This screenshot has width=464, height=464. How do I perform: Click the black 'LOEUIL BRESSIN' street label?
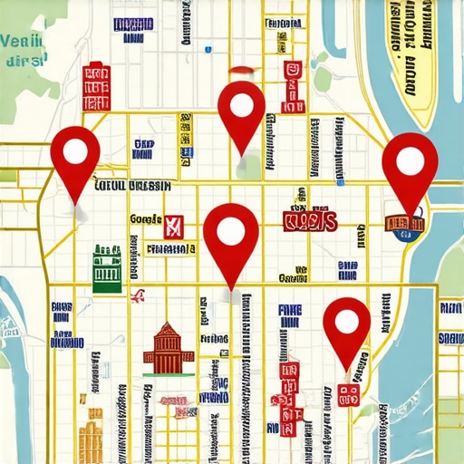132,185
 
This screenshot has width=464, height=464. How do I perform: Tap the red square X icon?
172,225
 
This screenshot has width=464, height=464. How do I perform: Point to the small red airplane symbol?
139,295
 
